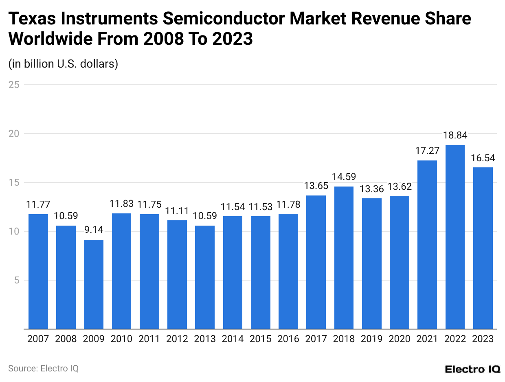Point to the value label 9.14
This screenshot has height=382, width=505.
coord(94,231)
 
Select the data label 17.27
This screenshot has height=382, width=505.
coord(427,151)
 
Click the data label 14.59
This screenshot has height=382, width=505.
coord(344,177)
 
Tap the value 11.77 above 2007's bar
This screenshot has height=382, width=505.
coord(38,205)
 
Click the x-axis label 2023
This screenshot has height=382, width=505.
coord(483,339)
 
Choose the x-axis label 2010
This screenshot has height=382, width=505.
coord(121,339)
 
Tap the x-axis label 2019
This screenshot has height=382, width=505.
coord(371,339)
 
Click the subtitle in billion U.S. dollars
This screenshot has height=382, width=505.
coord(63,64)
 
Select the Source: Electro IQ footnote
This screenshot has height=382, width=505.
coord(43,369)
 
